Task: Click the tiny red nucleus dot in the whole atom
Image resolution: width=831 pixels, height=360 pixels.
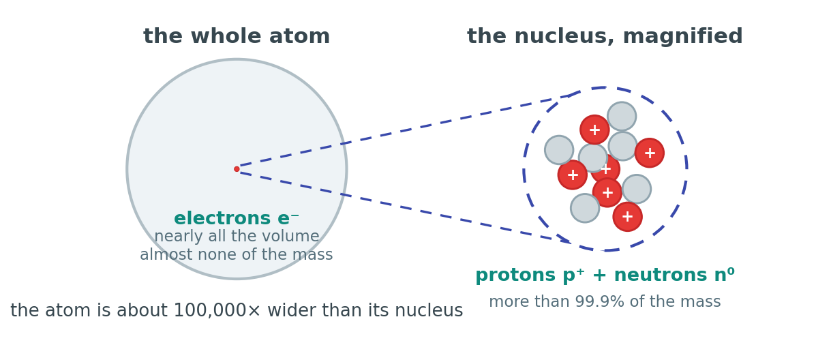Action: point(237,169)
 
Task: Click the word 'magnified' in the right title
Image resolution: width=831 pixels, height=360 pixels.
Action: point(682,37)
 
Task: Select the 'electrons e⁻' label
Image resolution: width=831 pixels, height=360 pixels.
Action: point(237,218)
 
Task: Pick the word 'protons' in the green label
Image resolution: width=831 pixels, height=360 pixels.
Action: point(515,275)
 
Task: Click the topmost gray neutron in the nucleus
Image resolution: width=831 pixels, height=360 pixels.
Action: point(622,117)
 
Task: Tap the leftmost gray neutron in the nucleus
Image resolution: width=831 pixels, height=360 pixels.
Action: point(559,150)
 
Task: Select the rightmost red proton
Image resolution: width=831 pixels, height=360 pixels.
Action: point(649,153)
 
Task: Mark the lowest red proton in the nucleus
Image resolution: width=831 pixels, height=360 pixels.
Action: point(627,217)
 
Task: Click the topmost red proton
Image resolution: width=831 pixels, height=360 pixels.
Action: point(594,130)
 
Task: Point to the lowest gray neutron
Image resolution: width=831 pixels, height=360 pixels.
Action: point(585,208)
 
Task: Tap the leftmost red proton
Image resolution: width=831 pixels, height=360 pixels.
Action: point(573,175)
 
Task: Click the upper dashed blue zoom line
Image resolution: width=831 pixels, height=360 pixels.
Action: point(404,131)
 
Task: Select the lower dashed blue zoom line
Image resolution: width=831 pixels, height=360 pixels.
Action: point(404,207)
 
